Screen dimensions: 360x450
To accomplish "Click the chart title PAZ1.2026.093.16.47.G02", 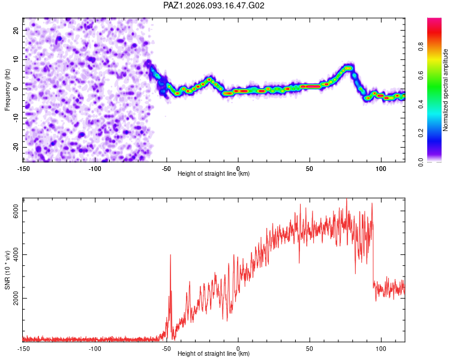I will pos(214,5).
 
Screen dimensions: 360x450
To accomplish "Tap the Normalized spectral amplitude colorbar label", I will pos(446,90).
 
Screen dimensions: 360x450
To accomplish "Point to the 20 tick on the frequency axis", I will pos(16,30).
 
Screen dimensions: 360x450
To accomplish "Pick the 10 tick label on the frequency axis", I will pos(16,59).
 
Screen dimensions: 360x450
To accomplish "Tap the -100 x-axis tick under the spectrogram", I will pos(95,168).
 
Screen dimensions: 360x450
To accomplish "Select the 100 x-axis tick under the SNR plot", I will pos(380,348).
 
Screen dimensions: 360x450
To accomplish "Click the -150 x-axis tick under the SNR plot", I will pos(23,348).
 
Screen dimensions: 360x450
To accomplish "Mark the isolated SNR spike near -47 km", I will pos(171,256).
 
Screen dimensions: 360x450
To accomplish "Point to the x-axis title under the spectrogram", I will pos(214,174).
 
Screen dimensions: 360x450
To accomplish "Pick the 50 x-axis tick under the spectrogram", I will pos(310,168).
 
